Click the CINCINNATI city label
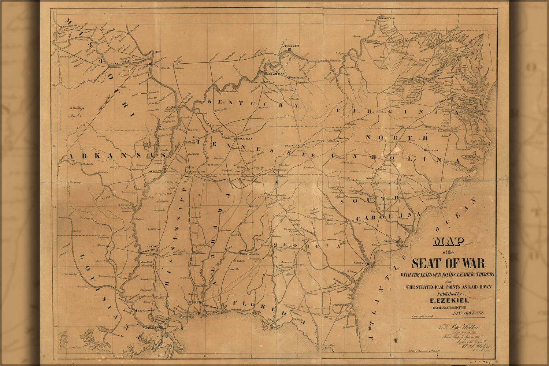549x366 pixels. coord(292,45)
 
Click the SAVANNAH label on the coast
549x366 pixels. coord(360,263)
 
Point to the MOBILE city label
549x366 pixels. coord(194,302)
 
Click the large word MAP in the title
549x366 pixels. coord(448,242)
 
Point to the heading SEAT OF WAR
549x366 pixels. coord(448,264)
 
